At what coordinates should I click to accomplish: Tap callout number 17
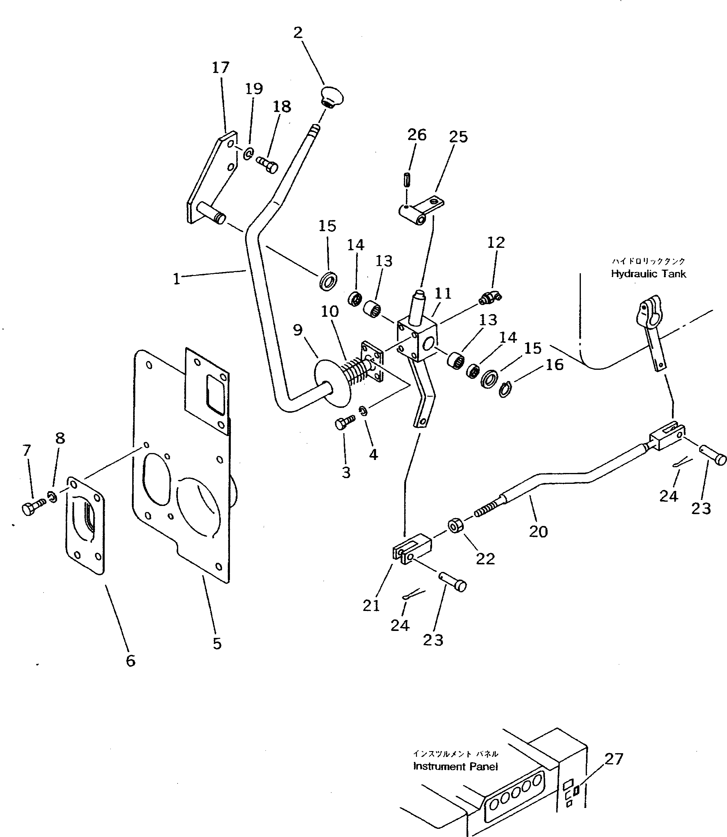221,68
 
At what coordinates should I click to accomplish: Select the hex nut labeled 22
454,526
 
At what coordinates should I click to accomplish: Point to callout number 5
217,643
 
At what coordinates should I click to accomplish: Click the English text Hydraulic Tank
648,274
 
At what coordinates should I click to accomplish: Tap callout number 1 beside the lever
176,279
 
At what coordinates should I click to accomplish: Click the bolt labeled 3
344,424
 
